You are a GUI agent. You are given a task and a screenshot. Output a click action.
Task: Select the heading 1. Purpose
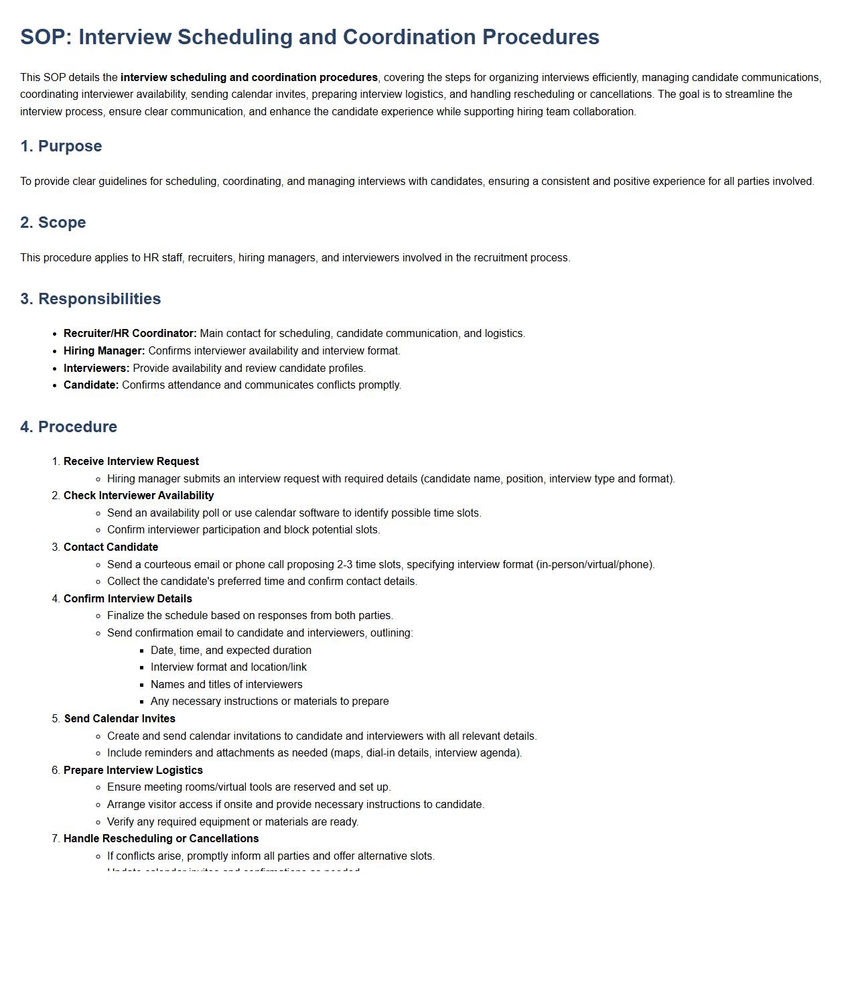coord(61,146)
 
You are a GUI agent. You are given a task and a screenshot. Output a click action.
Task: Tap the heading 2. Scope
coord(53,222)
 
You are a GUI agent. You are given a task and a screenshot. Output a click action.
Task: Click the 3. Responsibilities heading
coord(90,299)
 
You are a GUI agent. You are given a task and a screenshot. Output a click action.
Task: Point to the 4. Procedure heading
coord(68,427)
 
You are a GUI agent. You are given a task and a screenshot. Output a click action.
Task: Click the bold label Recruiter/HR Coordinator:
coord(130,334)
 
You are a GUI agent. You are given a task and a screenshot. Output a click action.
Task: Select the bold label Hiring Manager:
coord(104,351)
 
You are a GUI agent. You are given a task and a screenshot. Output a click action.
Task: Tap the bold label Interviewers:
coord(96,369)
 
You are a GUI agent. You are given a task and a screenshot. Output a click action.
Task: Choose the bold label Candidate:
coord(91,385)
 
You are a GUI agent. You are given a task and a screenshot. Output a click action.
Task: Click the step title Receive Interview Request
coord(131,462)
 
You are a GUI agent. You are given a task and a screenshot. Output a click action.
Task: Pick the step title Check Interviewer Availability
coord(139,496)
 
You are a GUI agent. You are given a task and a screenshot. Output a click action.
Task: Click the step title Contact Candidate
coord(111,547)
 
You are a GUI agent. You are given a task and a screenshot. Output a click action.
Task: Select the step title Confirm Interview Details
coord(128,599)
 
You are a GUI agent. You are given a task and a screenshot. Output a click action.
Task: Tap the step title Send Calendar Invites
coord(120,719)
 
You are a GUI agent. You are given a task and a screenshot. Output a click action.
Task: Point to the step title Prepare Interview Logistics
coord(133,771)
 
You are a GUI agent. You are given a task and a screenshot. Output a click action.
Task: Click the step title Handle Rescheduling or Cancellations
coord(161,839)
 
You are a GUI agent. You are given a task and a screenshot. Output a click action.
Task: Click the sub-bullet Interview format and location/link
coord(228,667)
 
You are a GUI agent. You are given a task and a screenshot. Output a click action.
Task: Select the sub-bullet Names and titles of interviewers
coord(226,685)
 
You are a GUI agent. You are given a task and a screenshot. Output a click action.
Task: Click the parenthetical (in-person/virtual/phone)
coord(595,565)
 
